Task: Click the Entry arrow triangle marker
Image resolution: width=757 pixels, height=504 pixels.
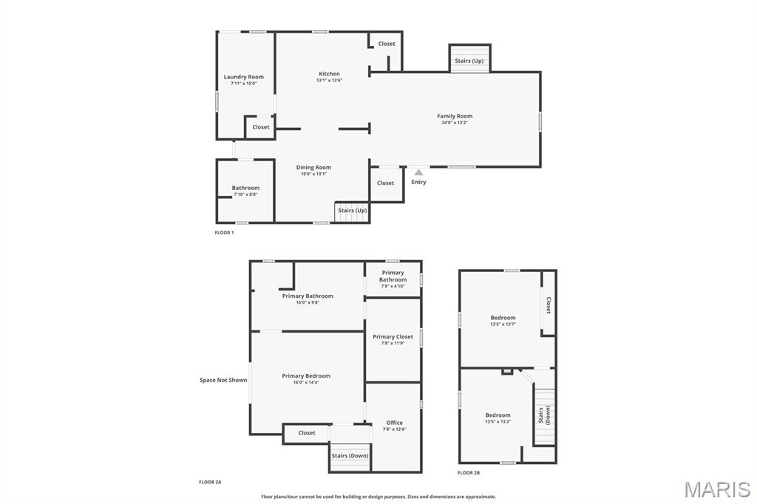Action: tap(418, 172)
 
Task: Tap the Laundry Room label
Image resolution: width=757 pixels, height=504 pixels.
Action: tap(244, 77)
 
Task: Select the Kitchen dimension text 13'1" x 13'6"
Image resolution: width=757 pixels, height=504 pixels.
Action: tap(329, 80)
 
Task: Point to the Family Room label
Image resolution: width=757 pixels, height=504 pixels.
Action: tap(455, 116)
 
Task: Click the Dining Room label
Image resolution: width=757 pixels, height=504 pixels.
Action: tap(313, 168)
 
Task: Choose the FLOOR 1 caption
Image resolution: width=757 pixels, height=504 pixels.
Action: tap(224, 233)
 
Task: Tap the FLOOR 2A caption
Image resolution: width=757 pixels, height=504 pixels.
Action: tap(210, 482)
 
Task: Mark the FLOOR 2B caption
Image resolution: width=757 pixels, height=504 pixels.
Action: tap(469, 473)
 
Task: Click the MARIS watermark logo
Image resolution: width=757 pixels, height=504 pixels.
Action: tap(717, 489)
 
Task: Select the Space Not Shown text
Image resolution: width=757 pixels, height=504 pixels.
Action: tap(223, 380)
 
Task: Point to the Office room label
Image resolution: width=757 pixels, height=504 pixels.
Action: tap(395, 423)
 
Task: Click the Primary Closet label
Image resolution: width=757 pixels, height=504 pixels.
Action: tap(393, 336)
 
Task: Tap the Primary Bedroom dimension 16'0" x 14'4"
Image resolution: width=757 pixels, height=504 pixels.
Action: tap(306, 382)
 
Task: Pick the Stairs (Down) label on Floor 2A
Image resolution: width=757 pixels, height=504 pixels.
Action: tap(350, 456)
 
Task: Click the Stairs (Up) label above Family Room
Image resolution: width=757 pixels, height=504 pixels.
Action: tap(469, 61)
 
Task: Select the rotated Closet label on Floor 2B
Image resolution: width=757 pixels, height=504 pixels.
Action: tap(549, 305)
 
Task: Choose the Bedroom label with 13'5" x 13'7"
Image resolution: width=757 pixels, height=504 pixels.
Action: tap(503, 318)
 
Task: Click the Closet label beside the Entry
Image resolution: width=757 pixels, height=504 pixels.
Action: tap(385, 183)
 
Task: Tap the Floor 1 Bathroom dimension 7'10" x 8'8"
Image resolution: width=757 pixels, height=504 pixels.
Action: tap(245, 194)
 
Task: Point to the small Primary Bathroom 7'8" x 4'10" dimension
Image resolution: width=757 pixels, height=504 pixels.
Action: tap(393, 286)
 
